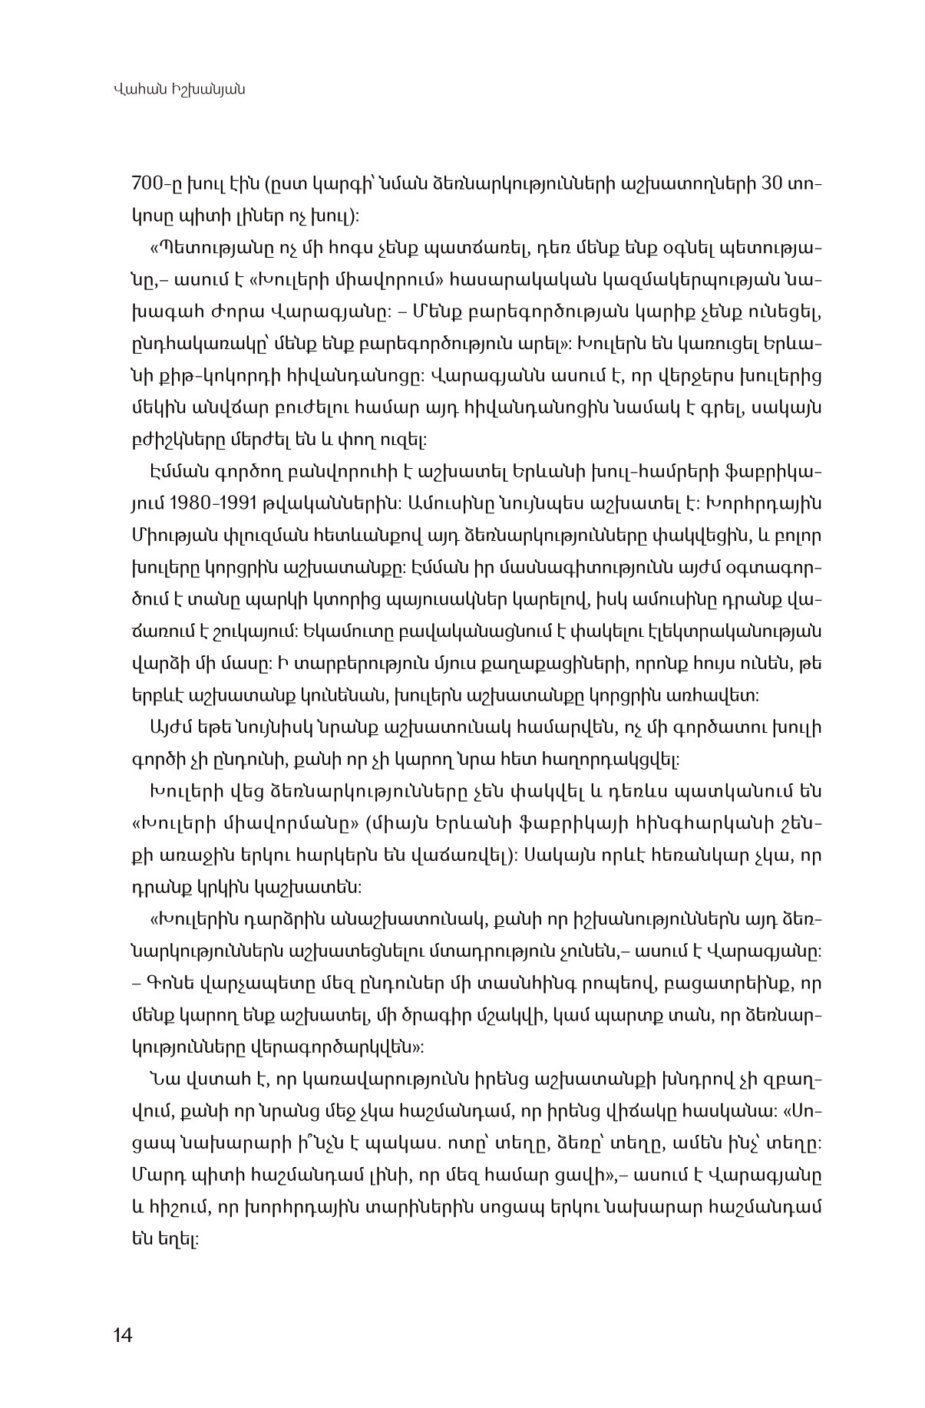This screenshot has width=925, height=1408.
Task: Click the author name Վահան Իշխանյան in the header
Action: (x=177, y=91)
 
